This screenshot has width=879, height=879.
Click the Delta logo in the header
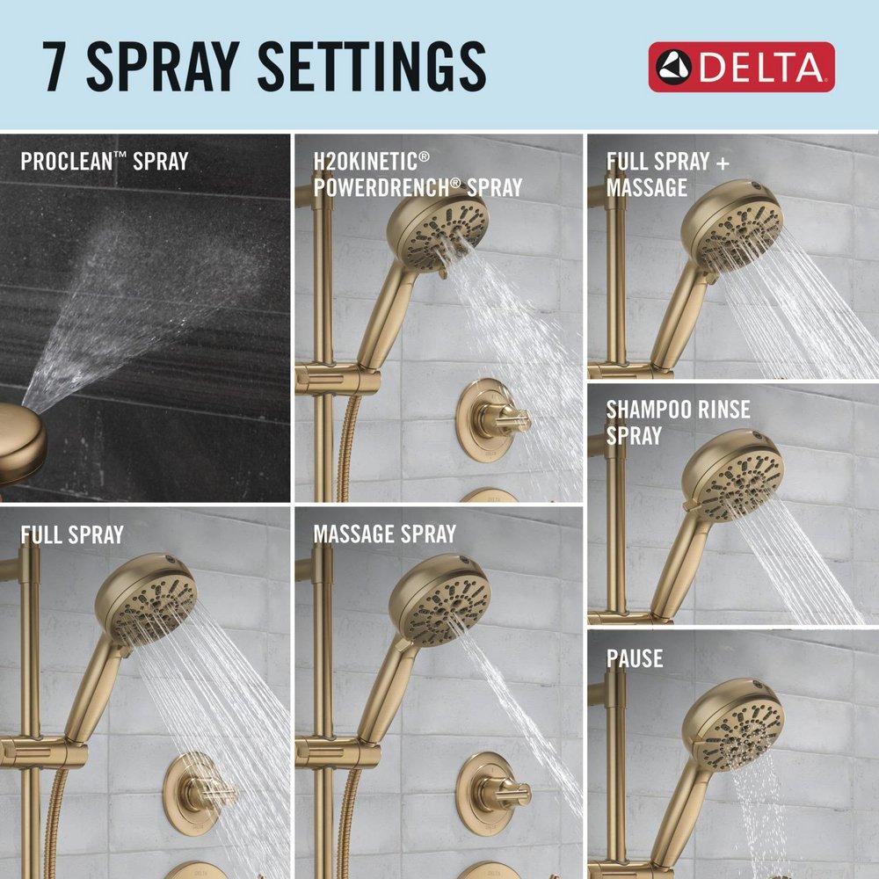741,67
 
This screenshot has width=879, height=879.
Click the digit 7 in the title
58,66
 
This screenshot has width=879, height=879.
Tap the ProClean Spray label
104,161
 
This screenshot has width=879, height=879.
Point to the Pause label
634,658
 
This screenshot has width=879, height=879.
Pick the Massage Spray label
384,534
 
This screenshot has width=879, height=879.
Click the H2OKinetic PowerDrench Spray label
418,173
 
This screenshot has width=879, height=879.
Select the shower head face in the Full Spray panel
152,598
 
